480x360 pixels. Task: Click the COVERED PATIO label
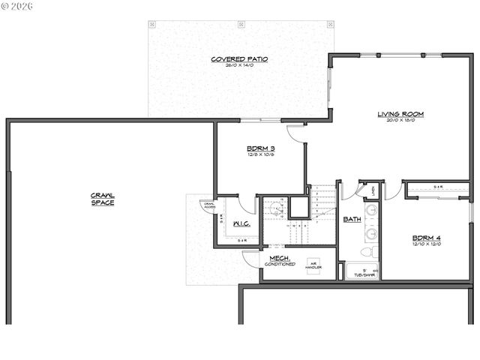pyautogui.click(x=239, y=58)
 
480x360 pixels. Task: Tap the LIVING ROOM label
pyautogui.click(x=400, y=114)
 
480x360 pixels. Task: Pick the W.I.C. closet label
pyautogui.click(x=241, y=223)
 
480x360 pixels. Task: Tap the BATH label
pyautogui.click(x=351, y=219)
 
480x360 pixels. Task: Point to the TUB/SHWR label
pyautogui.click(x=364, y=274)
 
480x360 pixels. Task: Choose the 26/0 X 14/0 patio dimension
pyautogui.click(x=239, y=65)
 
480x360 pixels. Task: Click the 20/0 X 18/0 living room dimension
pyautogui.click(x=400, y=121)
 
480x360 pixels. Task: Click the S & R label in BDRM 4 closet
pyautogui.click(x=439, y=186)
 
